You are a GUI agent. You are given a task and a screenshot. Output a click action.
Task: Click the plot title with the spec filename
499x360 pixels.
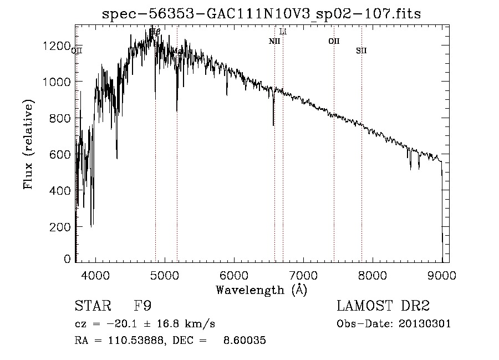263,14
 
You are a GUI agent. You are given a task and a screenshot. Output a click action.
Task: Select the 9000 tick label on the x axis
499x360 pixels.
442,275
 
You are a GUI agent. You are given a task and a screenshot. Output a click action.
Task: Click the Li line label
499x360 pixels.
283,32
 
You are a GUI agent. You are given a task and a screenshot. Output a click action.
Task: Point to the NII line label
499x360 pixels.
274,41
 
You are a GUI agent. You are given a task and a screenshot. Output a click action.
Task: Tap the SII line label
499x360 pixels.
361,51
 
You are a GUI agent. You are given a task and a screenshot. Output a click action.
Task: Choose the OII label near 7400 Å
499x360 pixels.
334,41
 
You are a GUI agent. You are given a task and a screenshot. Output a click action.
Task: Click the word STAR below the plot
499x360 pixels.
92,307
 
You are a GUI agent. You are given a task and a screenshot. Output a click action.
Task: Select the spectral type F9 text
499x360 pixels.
142,307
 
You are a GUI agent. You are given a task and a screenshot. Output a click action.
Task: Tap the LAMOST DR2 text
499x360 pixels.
383,307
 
